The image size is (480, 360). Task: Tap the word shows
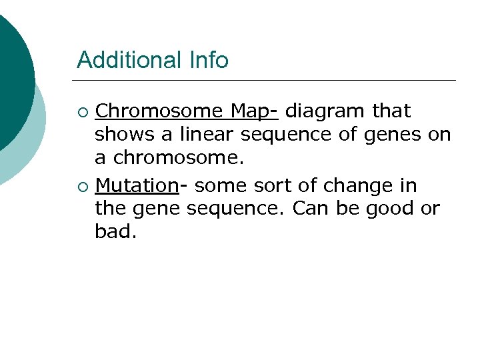click(x=125, y=135)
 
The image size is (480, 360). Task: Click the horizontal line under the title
click(x=267, y=81)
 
